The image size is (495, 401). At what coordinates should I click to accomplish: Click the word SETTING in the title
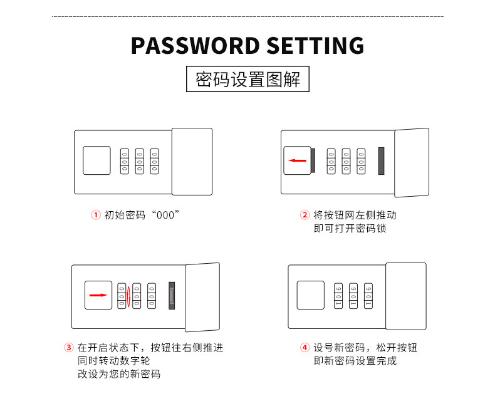click(316, 46)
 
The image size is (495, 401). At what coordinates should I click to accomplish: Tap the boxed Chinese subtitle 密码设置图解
click(248, 80)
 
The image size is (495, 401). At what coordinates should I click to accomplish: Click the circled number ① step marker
click(96, 215)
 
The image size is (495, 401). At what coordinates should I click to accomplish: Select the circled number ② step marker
click(305, 215)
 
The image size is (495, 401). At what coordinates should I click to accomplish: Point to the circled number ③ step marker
click(69, 347)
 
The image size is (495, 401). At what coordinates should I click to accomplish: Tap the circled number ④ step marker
click(305, 347)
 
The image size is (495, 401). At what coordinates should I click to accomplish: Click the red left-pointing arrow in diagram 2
click(297, 160)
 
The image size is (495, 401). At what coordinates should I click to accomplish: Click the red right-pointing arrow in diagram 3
click(97, 294)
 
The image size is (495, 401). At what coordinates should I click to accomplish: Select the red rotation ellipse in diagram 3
click(128, 295)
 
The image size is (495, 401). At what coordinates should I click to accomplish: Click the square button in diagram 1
click(96, 160)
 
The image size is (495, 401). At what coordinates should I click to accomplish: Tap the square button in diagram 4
click(310, 294)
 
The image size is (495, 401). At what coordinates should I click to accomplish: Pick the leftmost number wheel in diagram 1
click(124, 160)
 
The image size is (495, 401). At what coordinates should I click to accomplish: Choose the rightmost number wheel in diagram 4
click(368, 294)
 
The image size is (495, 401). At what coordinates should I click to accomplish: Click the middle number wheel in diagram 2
click(346, 160)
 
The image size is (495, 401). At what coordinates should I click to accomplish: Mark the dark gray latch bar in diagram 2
click(380, 160)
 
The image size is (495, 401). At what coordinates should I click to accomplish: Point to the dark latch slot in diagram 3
click(172, 295)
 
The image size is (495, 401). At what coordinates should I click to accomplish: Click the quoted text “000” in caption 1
click(162, 215)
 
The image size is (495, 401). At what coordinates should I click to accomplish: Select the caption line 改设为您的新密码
click(119, 374)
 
